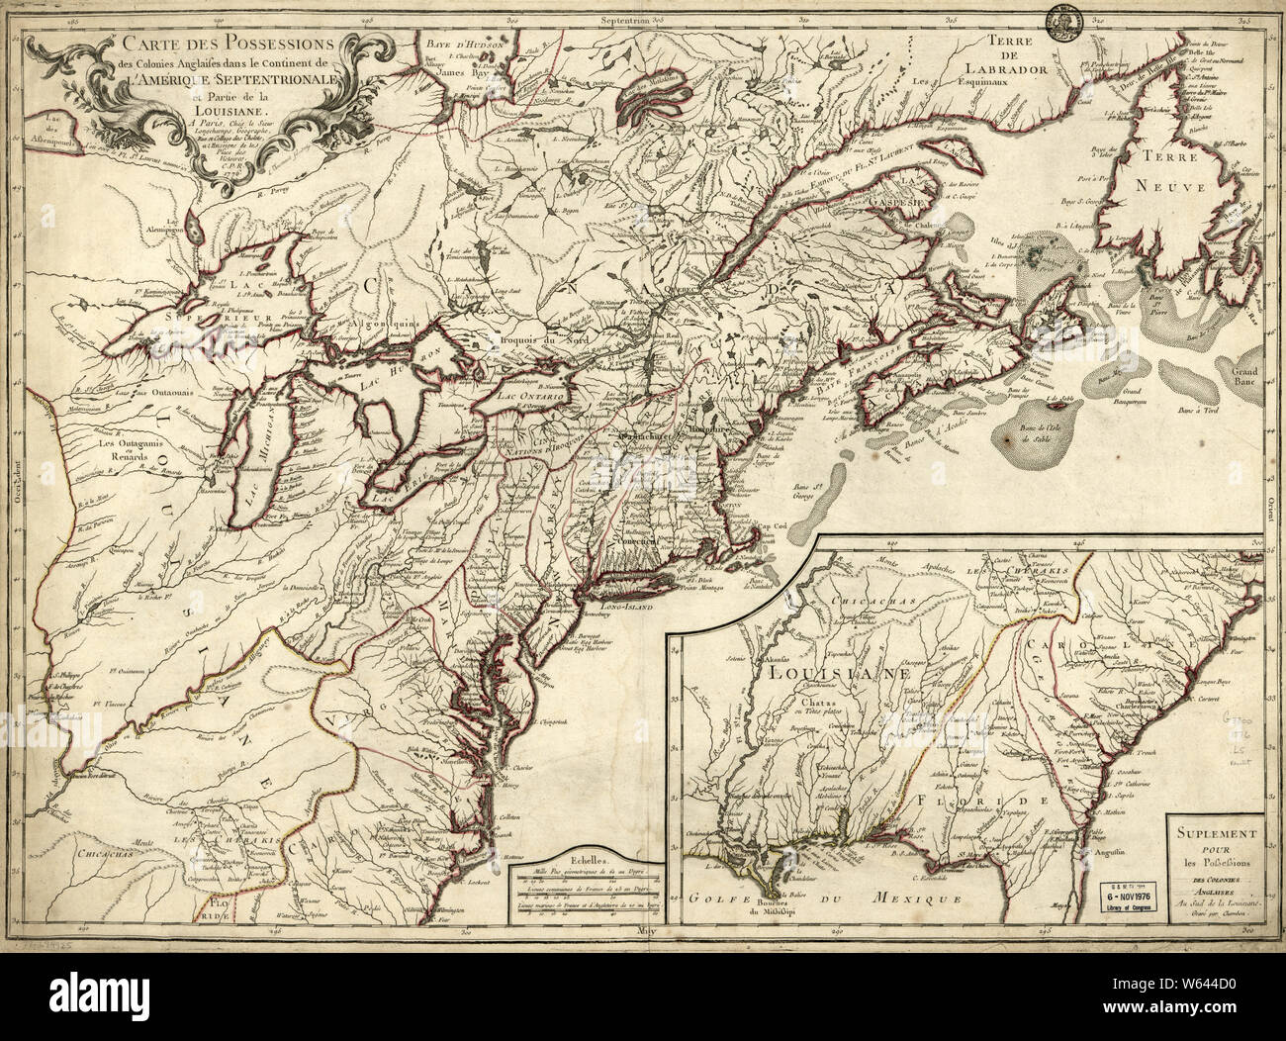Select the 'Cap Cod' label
[797, 525]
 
